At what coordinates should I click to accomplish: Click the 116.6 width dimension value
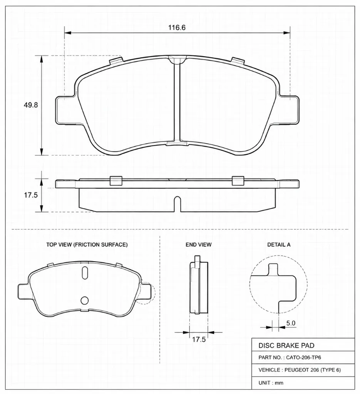point(177,27)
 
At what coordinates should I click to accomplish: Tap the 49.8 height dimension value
point(31,105)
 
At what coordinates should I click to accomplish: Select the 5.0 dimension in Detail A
point(291,323)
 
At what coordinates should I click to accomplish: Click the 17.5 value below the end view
point(199,339)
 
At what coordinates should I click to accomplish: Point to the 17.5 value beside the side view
point(31,195)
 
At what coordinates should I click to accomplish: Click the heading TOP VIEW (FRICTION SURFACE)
point(87,244)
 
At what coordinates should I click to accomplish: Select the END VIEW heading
point(199,244)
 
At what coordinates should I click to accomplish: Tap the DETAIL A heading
point(279,244)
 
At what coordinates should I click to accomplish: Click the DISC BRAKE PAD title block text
point(286,346)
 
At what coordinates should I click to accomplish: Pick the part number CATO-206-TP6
point(303,357)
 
